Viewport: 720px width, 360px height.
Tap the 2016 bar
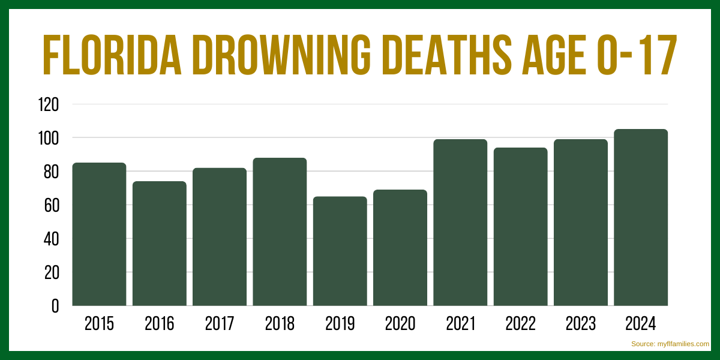(x=159, y=243)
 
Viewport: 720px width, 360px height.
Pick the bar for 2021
(x=460, y=222)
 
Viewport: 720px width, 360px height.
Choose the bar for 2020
(x=400, y=247)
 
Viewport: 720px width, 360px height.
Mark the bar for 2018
(x=280, y=232)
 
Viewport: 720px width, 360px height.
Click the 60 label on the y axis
(x=51, y=205)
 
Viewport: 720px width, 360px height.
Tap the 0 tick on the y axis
(x=55, y=306)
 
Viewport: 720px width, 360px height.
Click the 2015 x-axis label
(x=99, y=324)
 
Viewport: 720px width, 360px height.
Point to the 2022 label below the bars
(x=520, y=324)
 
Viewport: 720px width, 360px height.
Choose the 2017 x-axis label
(x=220, y=324)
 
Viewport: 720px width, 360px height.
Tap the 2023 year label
(x=581, y=324)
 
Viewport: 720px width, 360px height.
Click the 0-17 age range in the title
(x=635, y=56)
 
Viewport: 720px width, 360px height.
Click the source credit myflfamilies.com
(x=670, y=344)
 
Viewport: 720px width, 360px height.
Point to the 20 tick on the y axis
(x=51, y=272)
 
